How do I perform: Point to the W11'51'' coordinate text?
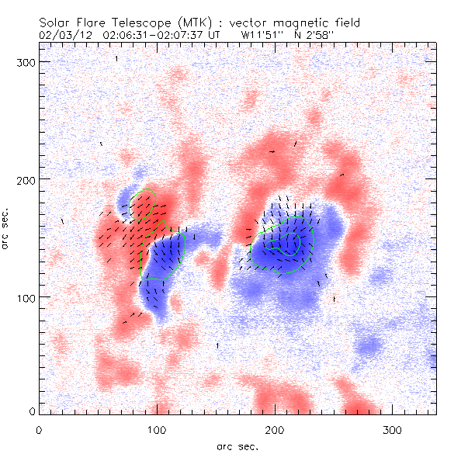(262, 35)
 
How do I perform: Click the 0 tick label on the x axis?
(39, 429)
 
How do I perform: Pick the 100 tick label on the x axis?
(157, 429)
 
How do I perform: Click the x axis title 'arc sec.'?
(237, 445)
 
